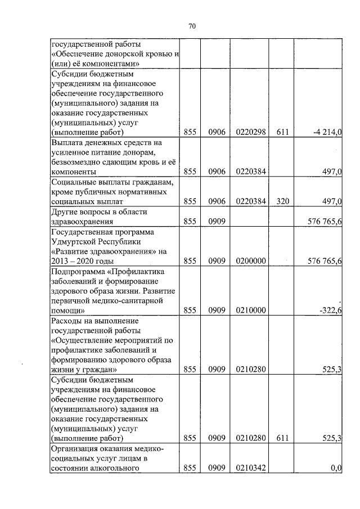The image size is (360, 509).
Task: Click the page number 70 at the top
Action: pyautogui.click(x=192, y=26)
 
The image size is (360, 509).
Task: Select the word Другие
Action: pyautogui.click(x=66, y=211)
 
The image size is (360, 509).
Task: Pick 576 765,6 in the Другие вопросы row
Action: pyautogui.click(x=325, y=222)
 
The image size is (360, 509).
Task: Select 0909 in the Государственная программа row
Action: pyautogui.click(x=217, y=261)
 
